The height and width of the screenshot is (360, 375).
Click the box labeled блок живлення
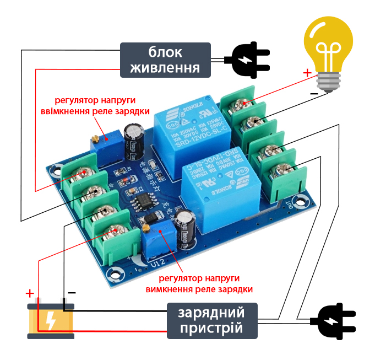point(165,60)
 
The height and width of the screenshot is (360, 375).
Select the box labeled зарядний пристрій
point(212,320)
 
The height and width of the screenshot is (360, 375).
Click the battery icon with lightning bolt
point(51,320)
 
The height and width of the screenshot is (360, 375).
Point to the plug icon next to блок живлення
point(247,60)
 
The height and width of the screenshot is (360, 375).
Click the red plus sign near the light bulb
point(307,73)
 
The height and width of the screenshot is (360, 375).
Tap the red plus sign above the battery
point(30,293)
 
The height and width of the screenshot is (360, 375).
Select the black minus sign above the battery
point(72,292)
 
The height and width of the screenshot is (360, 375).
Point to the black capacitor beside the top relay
point(133,138)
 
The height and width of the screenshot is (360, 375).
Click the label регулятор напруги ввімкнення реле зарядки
point(95,106)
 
